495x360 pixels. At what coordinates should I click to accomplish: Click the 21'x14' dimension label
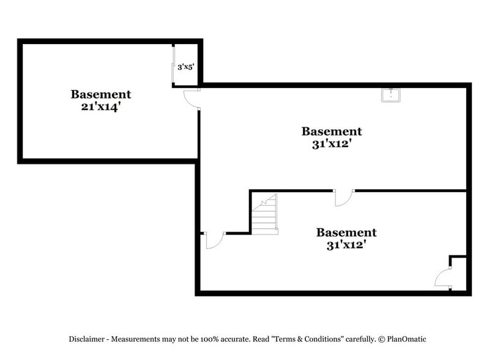101,107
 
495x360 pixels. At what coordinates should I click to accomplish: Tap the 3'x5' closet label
185,67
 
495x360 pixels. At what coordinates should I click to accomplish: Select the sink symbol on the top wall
391,96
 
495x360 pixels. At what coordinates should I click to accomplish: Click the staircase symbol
265,214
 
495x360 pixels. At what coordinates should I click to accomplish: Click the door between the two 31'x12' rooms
344,198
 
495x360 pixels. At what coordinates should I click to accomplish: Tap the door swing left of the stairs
215,241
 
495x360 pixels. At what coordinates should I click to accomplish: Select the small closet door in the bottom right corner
442,278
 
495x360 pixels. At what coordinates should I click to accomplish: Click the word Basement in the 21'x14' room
101,94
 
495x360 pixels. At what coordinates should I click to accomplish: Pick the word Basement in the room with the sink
332,131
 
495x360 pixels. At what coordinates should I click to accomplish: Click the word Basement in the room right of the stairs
347,233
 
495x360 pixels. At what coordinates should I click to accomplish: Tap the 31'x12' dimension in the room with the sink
332,144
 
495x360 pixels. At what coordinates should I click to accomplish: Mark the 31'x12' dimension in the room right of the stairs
347,245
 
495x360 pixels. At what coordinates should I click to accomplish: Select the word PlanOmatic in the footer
407,339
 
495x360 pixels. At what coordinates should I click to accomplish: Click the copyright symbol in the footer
382,339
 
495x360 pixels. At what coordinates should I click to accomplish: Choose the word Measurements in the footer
135,339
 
